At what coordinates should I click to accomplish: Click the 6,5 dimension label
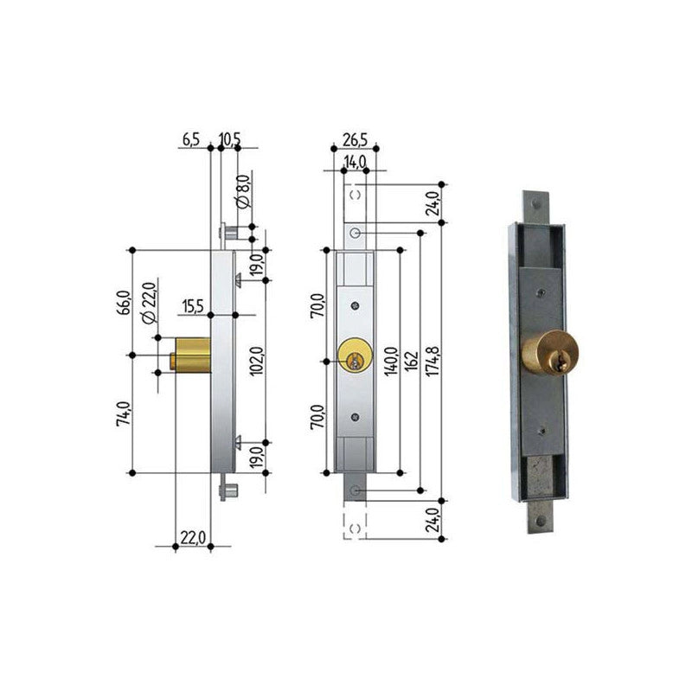191,139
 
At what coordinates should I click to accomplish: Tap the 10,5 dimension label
229,139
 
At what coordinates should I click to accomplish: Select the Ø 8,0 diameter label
243,191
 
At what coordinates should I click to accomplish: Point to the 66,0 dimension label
124,303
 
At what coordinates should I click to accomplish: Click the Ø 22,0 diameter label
149,304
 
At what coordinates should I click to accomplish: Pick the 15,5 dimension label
193,306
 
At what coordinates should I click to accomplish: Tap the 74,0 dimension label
124,413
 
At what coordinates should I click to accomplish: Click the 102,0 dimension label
257,361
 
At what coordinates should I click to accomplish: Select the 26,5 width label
355,140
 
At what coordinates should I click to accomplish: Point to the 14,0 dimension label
355,162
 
